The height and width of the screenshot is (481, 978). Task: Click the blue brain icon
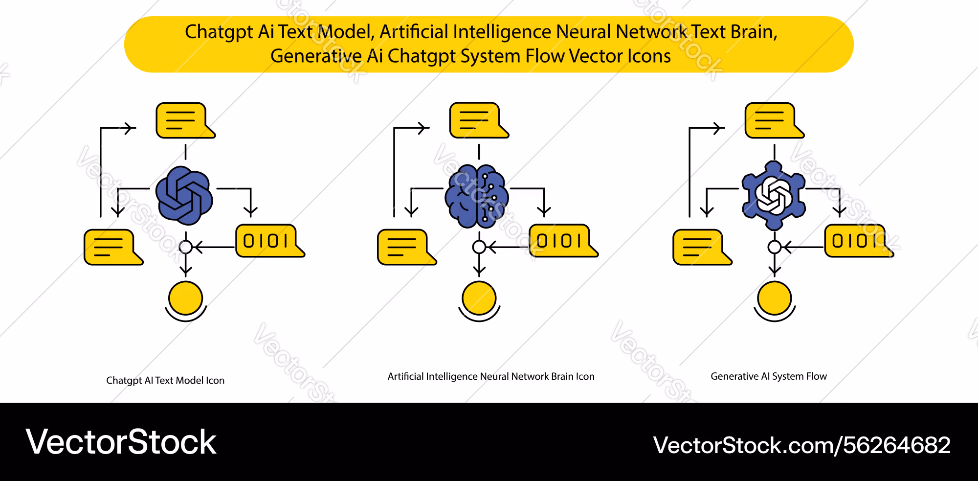(x=477, y=196)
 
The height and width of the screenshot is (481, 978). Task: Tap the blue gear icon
(x=774, y=195)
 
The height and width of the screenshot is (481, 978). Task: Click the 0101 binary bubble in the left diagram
(x=270, y=241)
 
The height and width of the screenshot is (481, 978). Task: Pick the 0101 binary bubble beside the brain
(x=563, y=241)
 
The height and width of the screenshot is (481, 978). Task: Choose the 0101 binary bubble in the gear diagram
(x=859, y=241)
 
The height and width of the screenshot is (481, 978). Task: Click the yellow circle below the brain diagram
(x=479, y=298)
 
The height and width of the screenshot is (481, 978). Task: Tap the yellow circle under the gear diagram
(x=775, y=298)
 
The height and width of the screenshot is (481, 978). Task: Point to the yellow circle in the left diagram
(x=186, y=298)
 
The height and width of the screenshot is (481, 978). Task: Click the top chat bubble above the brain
(x=479, y=120)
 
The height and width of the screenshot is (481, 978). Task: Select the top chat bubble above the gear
(x=774, y=120)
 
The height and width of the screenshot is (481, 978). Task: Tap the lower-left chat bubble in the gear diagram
(x=702, y=247)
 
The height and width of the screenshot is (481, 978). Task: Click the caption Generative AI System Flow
(x=769, y=376)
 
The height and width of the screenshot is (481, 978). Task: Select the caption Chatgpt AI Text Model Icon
(x=165, y=381)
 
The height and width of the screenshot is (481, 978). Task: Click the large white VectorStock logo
(x=121, y=442)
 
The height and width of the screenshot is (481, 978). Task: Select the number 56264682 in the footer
(x=897, y=445)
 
